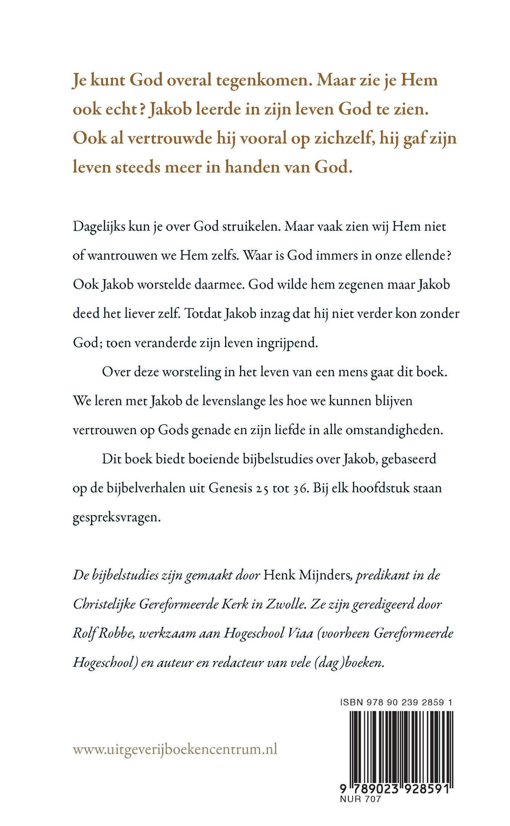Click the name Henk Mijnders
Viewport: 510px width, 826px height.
point(307,575)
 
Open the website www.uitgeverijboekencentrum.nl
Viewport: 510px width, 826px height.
point(175,749)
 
